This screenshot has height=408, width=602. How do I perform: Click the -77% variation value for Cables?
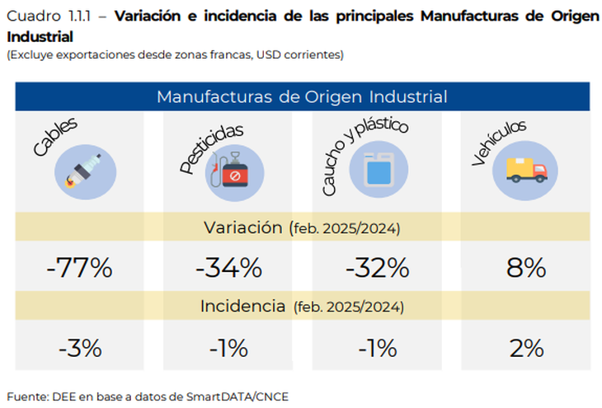[79, 268]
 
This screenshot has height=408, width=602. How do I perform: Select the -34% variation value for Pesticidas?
[228, 268]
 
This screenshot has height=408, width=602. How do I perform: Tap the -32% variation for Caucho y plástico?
[377, 268]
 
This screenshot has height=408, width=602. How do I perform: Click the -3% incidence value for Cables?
[79, 348]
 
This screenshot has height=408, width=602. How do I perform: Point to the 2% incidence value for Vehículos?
[527, 348]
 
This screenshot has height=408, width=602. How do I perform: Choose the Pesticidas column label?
[212, 149]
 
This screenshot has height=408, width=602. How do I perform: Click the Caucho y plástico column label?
[366, 154]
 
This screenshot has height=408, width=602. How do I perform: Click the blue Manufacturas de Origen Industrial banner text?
[302, 96]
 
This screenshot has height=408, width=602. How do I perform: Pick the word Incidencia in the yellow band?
[243, 307]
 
